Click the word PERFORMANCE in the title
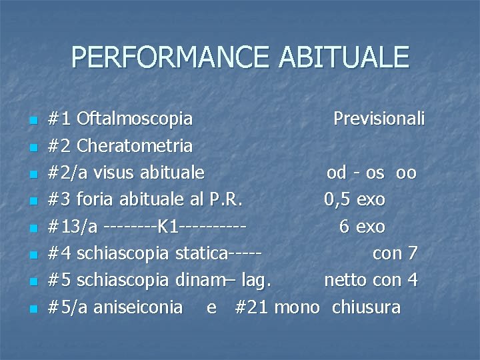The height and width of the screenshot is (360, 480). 171,57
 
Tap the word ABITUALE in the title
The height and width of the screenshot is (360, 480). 344,57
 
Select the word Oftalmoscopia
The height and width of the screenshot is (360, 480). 135,119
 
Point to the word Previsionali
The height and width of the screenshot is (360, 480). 379,119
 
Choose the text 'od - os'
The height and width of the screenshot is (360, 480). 355,173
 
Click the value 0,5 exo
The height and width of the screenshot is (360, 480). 355,200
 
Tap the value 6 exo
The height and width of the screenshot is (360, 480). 362,227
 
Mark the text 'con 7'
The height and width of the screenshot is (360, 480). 395,254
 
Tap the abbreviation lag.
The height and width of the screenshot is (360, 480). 257,281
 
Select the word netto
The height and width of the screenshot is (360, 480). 346,281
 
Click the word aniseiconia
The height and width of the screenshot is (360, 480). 138,307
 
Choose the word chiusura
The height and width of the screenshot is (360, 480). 366,307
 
